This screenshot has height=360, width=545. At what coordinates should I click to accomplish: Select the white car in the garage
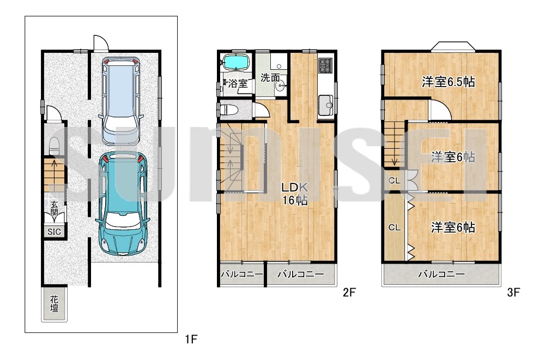click(122, 101)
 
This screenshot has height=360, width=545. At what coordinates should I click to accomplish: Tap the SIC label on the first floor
click(54, 232)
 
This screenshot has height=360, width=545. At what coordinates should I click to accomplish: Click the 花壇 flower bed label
click(54, 304)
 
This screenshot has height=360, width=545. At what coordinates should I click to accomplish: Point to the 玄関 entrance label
click(54, 208)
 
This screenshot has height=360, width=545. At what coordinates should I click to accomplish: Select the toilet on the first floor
click(54, 147)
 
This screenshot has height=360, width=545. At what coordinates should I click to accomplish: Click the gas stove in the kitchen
click(326, 65)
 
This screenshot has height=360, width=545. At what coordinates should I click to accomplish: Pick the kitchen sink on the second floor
click(325, 104)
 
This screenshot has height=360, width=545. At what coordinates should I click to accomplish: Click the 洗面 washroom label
click(270, 77)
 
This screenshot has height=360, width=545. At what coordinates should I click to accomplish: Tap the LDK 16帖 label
click(295, 194)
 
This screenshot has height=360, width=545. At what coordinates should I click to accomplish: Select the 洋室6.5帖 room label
click(449, 82)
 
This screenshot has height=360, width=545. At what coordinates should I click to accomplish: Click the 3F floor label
click(513, 292)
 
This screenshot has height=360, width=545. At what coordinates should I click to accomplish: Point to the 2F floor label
click(349, 292)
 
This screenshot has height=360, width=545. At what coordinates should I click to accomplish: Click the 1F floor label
click(191, 339)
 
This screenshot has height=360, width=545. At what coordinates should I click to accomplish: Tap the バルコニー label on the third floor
click(441, 274)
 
